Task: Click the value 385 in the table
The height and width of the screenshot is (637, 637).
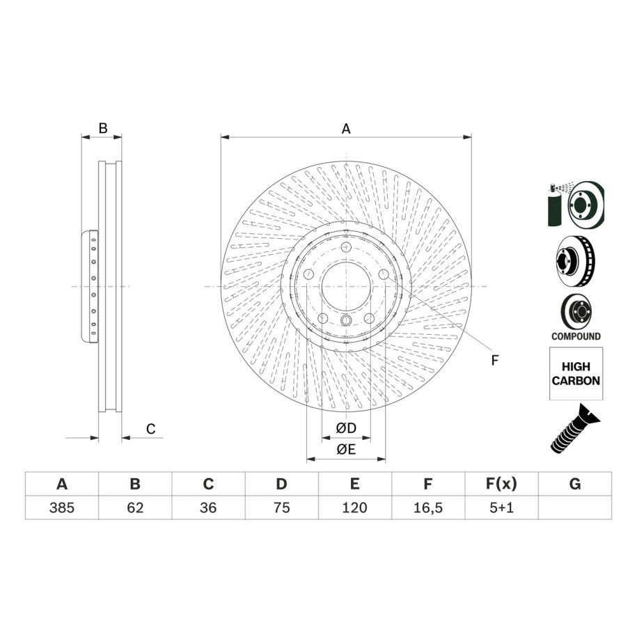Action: point(62,508)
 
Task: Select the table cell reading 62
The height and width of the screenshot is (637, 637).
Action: point(135,508)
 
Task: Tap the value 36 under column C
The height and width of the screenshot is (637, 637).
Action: point(208,508)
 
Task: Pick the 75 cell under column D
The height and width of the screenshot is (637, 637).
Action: point(281,508)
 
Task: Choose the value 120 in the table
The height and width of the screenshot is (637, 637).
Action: point(354,508)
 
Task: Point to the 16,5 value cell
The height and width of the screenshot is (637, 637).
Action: point(427,508)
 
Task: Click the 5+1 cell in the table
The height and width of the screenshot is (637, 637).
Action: point(501,508)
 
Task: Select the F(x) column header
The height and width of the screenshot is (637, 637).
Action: point(501,484)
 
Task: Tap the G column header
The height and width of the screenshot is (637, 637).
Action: point(575,484)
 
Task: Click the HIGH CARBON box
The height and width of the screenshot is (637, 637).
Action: point(576,373)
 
